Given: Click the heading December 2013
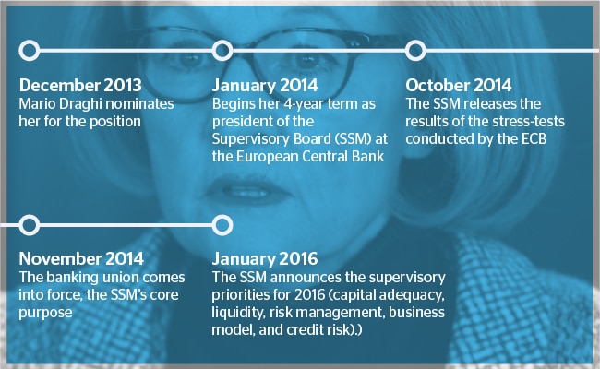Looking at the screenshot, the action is pos(80,85).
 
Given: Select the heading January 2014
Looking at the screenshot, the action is pos(265,85).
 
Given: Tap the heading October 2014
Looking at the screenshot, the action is pos(459,85).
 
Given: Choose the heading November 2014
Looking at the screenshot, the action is pos(81,259).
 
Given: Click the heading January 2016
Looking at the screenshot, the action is pos(265,259).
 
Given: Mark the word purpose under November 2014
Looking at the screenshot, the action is pos(45,313).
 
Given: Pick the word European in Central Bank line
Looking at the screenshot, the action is pos(268,157).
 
